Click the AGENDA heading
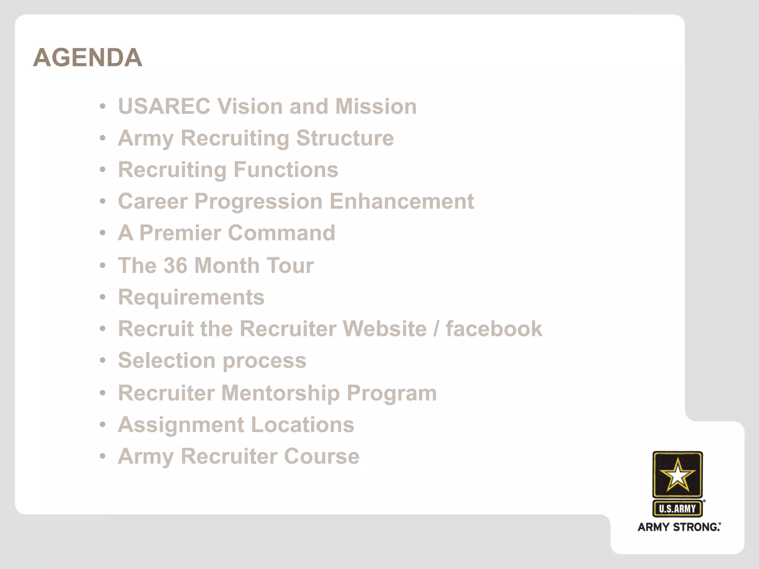87,58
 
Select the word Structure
345,138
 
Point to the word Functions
286,170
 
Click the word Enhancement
401,202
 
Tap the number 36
175,266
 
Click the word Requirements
191,297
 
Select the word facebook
494,329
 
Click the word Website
385,329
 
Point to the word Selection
167,360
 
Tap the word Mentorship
281,393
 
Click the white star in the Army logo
677,475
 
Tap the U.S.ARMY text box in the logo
677,509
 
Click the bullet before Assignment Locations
103,425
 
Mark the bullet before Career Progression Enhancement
103,202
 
